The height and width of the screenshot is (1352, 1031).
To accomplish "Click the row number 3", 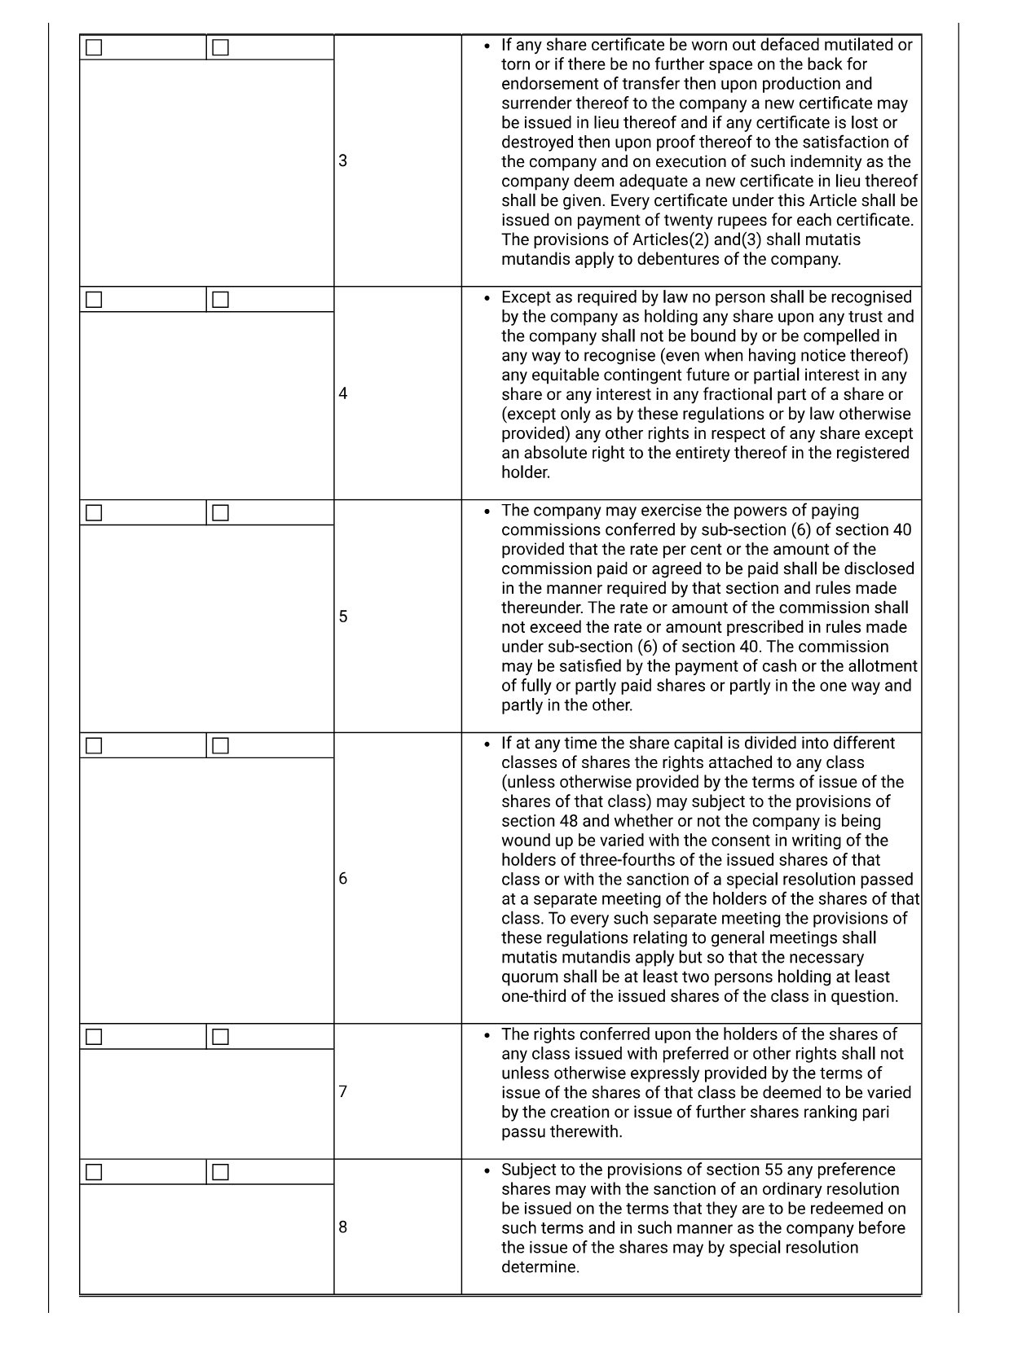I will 343,160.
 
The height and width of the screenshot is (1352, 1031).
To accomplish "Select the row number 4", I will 343,393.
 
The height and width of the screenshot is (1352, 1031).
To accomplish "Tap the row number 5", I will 343,617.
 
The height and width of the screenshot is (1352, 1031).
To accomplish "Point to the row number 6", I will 343,878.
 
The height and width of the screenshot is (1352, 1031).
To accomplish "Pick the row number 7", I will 343,1091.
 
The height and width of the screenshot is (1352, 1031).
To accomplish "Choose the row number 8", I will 343,1227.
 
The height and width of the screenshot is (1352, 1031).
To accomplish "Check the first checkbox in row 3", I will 95,48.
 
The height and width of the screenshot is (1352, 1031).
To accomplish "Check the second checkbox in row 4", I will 220,300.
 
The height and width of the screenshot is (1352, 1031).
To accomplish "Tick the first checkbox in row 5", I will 95,513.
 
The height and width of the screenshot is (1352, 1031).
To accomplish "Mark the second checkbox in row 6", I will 220,746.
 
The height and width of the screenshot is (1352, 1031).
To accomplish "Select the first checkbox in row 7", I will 95,1037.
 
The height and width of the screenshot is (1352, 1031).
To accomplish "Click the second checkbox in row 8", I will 220,1172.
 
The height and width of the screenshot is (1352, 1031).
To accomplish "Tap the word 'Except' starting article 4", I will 527,297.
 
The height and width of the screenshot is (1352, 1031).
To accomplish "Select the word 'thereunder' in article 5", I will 540,608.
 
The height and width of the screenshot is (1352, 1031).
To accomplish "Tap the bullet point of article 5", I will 487,511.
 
